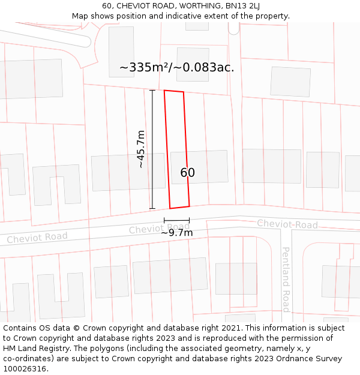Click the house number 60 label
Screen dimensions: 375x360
pyautogui.click(x=187, y=173)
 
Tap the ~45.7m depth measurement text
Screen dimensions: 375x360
pyautogui.click(x=140, y=149)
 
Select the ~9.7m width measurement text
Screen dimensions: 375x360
pyautogui.click(x=176, y=232)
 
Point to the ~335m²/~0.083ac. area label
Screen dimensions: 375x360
pyautogui.click(x=176, y=67)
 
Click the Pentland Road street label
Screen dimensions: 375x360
pyautogui.click(x=286, y=279)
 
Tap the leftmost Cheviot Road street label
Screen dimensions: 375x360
pyautogui.click(x=37, y=238)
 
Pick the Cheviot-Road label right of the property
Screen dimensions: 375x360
pyautogui.click(x=287, y=224)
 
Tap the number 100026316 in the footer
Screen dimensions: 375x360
pyautogui.click(x=25, y=369)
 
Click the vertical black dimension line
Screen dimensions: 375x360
pyautogui.click(x=152, y=149)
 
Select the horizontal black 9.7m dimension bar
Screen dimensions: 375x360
pyautogui.click(x=176, y=221)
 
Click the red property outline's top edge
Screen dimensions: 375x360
pyautogui.click(x=174, y=91)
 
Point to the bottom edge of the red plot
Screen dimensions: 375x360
pyautogui.click(x=180, y=208)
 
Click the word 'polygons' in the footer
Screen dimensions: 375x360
pyautogui.click(x=115, y=349)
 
